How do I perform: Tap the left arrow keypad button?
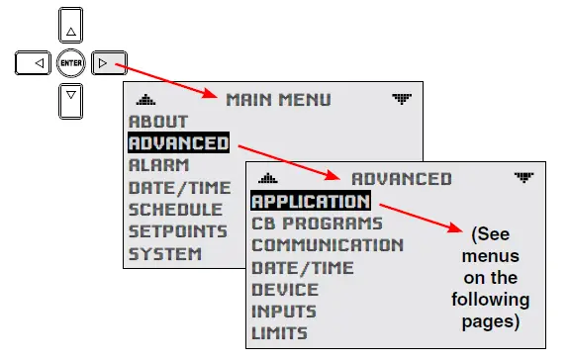point(34,63)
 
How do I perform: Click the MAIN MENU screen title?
point(278,100)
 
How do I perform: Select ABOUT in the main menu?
point(157,122)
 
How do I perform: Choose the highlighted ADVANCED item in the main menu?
point(178,143)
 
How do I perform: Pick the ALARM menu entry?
point(158,165)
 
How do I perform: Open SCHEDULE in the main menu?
point(175,210)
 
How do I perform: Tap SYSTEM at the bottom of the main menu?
point(164,253)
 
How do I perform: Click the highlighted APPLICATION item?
point(310,202)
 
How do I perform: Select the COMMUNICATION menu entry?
point(327,245)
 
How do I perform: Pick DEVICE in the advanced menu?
point(285,290)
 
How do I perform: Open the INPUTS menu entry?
point(284,312)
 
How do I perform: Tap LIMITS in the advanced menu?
point(279,333)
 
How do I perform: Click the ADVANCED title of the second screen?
point(401,179)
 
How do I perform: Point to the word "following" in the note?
point(491,299)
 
